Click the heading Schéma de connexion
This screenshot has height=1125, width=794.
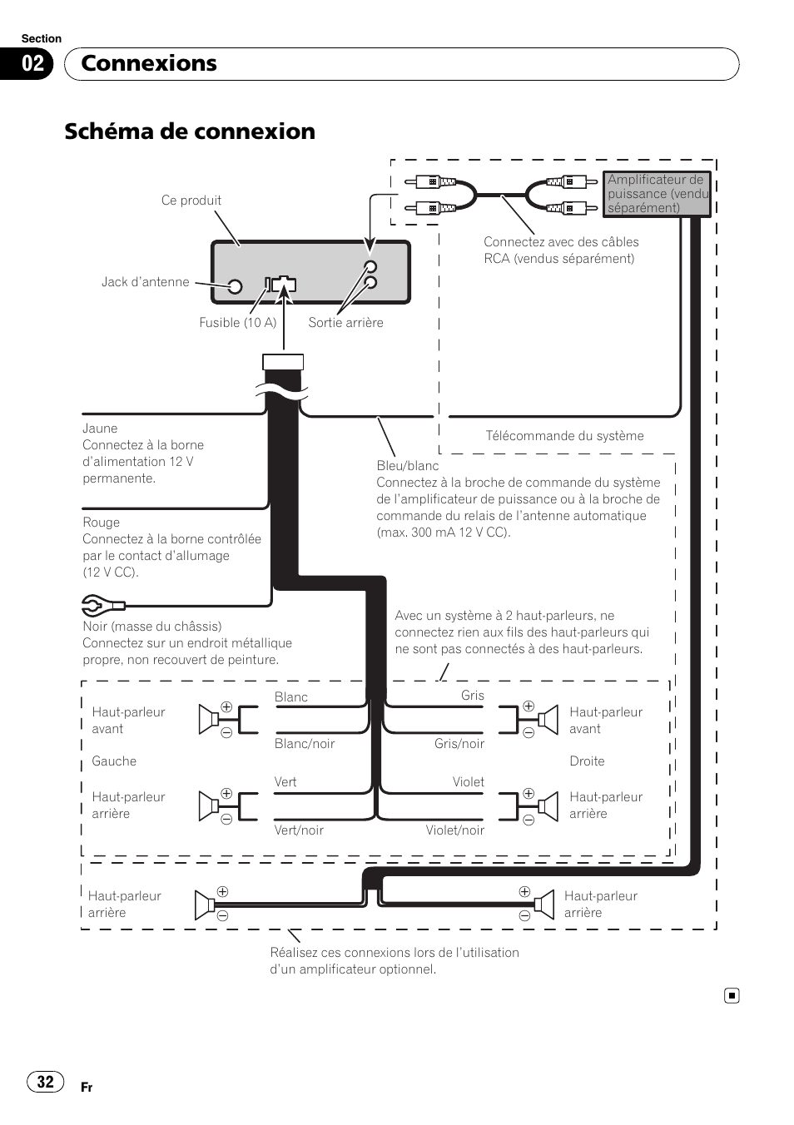click(x=190, y=131)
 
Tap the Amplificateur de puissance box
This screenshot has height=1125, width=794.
click(x=657, y=194)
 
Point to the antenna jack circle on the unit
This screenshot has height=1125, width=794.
click(x=235, y=287)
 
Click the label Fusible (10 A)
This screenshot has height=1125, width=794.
click(x=237, y=322)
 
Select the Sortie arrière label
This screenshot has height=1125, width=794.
click(x=345, y=322)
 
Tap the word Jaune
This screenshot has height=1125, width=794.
click(x=100, y=429)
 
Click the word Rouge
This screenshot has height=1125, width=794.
click(x=101, y=523)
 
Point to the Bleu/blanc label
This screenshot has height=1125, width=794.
click(x=407, y=466)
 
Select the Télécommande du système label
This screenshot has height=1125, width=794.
click(x=564, y=436)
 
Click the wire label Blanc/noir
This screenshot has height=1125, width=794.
click(x=305, y=744)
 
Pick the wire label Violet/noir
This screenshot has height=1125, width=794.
click(x=455, y=830)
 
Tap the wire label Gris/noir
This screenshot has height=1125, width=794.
click(x=459, y=744)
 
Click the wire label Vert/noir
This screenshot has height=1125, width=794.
click(x=299, y=830)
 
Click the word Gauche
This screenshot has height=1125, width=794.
click(x=114, y=761)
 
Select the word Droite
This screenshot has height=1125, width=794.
click(x=587, y=761)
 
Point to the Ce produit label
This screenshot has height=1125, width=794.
click(x=191, y=201)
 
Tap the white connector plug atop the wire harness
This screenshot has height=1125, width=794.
click(x=283, y=362)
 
